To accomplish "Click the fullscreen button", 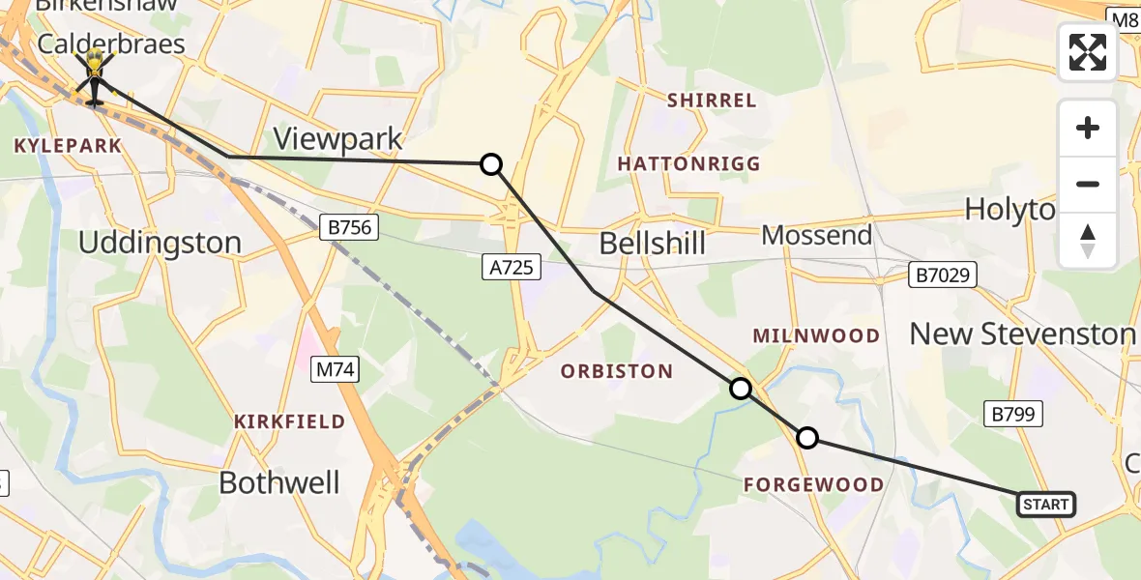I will coord(1088,52).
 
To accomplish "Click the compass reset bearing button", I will coord(1088,241).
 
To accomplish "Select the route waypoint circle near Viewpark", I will coord(491,164).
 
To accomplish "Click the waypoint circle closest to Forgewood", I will coord(806,438).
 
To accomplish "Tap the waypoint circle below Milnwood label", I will coord(740,389).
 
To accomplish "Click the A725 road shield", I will coord(511,268).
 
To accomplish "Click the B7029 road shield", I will coord(943,275).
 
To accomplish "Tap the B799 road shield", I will coord(1014,415).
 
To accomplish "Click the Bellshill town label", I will coord(653,243).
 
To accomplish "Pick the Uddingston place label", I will coord(160,243).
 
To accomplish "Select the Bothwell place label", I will coord(279,482).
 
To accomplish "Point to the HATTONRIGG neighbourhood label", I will coord(688,164).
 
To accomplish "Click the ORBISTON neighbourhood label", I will coord(617,371).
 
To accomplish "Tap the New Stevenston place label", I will coord(1022,334).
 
